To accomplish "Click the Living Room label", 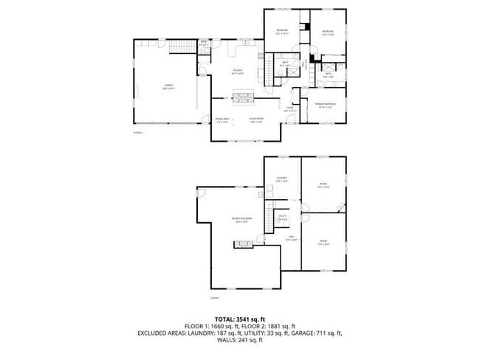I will (256, 120).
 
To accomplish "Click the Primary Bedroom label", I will (326, 105).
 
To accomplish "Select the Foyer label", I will (291, 109).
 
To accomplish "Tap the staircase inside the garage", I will (181, 49).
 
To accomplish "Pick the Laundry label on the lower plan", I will (282, 179).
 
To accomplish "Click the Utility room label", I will (282, 216).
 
